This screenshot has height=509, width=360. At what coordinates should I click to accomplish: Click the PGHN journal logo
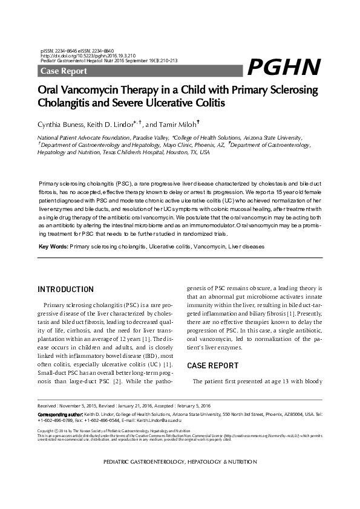coord(284,67)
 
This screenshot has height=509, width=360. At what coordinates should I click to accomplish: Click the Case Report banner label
coord(64,71)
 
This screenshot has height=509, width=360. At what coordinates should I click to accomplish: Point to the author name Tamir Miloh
coord(180,125)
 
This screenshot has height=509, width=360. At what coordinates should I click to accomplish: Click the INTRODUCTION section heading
coord(65,290)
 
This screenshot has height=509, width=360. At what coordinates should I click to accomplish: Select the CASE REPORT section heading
coord(212,366)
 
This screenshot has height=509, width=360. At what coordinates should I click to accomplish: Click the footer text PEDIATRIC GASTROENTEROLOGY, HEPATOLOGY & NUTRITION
coord(179,461)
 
